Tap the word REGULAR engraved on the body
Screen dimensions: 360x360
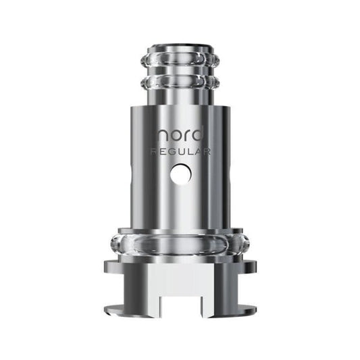180,153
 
